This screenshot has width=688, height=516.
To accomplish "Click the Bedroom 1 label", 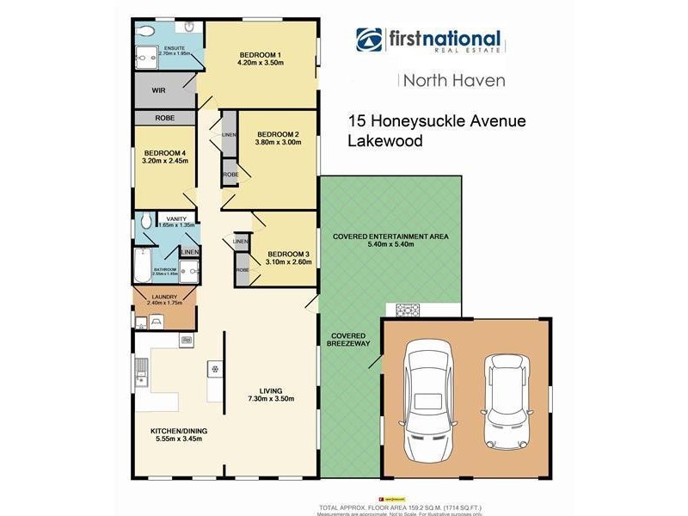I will [x=260, y=56].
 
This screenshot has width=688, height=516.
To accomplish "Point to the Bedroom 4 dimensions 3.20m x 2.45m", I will [x=164, y=160].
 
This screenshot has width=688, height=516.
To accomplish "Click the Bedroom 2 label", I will [x=277, y=135].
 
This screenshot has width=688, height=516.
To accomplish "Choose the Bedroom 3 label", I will [x=288, y=255].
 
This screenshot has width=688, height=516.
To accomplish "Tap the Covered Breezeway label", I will [x=349, y=339].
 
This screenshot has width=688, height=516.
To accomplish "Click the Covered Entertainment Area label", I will [x=391, y=236].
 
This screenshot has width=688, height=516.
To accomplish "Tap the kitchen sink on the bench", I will [x=143, y=375].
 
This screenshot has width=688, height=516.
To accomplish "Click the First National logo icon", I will [x=371, y=40].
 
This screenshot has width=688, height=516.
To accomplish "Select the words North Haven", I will [x=454, y=81].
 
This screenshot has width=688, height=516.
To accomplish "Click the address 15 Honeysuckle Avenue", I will [x=436, y=122].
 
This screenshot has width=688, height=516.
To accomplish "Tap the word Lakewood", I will [x=384, y=142].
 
